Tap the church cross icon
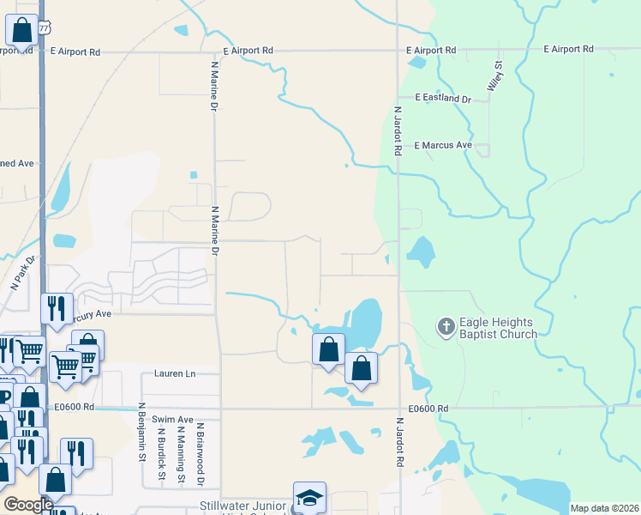(x=446, y=326)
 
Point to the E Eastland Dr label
(x=443, y=100)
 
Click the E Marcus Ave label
(x=443, y=145)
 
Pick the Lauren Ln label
(x=175, y=373)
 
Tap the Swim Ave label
(x=173, y=419)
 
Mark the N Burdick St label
(x=161, y=451)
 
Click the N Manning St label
(x=181, y=451)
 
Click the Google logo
(x=28, y=505)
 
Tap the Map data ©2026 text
(x=603, y=508)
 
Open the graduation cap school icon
(x=309, y=498)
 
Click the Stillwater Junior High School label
(x=247, y=506)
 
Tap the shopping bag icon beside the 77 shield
(x=21, y=31)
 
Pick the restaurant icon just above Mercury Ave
(x=57, y=308)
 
